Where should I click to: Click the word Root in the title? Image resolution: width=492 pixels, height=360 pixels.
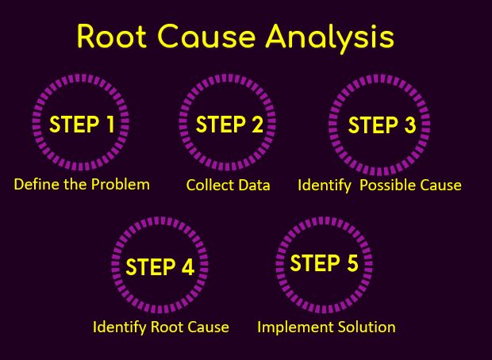[x=112, y=36]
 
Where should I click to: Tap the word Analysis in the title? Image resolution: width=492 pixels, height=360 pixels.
[x=330, y=38]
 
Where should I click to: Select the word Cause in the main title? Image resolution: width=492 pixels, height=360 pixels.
[x=206, y=36]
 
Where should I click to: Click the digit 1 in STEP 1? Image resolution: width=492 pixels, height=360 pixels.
[x=110, y=124]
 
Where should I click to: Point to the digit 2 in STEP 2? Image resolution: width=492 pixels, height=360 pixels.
[x=257, y=124]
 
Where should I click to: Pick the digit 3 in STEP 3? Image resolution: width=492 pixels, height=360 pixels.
[x=409, y=124]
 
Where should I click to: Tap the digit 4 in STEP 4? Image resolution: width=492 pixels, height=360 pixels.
[x=188, y=267]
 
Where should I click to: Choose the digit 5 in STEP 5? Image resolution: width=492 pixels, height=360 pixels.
[x=352, y=262]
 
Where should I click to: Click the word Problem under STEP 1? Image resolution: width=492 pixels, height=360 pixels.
[x=120, y=184]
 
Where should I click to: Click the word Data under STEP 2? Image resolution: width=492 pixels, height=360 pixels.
[x=254, y=185]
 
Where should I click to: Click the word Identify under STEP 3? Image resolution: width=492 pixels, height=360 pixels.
[x=325, y=186]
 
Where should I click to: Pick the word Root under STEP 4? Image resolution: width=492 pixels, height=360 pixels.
[x=167, y=327]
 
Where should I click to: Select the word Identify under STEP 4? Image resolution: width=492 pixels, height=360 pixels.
[x=120, y=327]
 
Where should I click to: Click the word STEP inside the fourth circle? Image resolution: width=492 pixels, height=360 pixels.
[x=151, y=267]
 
